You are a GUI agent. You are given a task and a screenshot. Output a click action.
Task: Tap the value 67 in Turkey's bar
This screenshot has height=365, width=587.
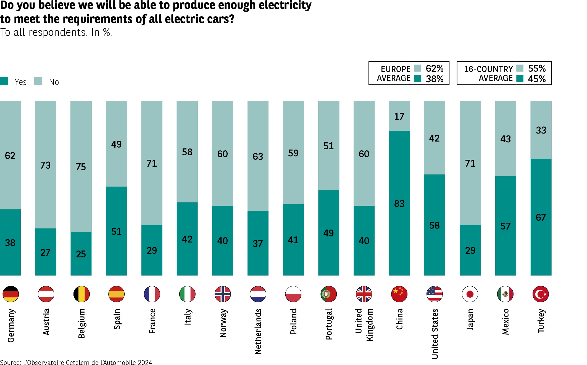pos(541,217)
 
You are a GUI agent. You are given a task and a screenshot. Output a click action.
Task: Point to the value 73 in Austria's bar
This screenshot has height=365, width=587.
pos(46,165)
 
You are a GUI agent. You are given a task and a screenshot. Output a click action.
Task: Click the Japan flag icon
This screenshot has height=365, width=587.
pos(470,294)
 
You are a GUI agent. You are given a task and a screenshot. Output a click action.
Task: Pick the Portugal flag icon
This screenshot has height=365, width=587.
pos(328,294)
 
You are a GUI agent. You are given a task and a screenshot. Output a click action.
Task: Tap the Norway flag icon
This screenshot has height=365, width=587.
pos(222,294)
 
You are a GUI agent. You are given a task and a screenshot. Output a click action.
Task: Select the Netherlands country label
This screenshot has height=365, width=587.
pos(258,331)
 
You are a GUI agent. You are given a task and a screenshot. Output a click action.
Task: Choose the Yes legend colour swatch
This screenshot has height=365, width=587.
pos(4,81)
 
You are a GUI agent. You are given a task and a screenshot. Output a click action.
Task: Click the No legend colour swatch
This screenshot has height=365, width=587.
pos(38,81)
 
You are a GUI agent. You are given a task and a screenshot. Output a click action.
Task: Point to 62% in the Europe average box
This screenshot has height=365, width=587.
pos(435,68)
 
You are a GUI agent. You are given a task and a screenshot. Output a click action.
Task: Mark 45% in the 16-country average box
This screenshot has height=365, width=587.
pos(537,79)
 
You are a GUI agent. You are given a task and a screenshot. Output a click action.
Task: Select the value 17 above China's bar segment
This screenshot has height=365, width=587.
pos(399,116)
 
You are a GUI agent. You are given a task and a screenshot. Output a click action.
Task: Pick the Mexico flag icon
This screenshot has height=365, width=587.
pos(505,294)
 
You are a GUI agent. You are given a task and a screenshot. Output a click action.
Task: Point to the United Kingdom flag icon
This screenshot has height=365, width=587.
pos(364,294)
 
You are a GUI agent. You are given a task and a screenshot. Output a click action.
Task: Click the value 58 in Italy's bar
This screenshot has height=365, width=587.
pos(187,152)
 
